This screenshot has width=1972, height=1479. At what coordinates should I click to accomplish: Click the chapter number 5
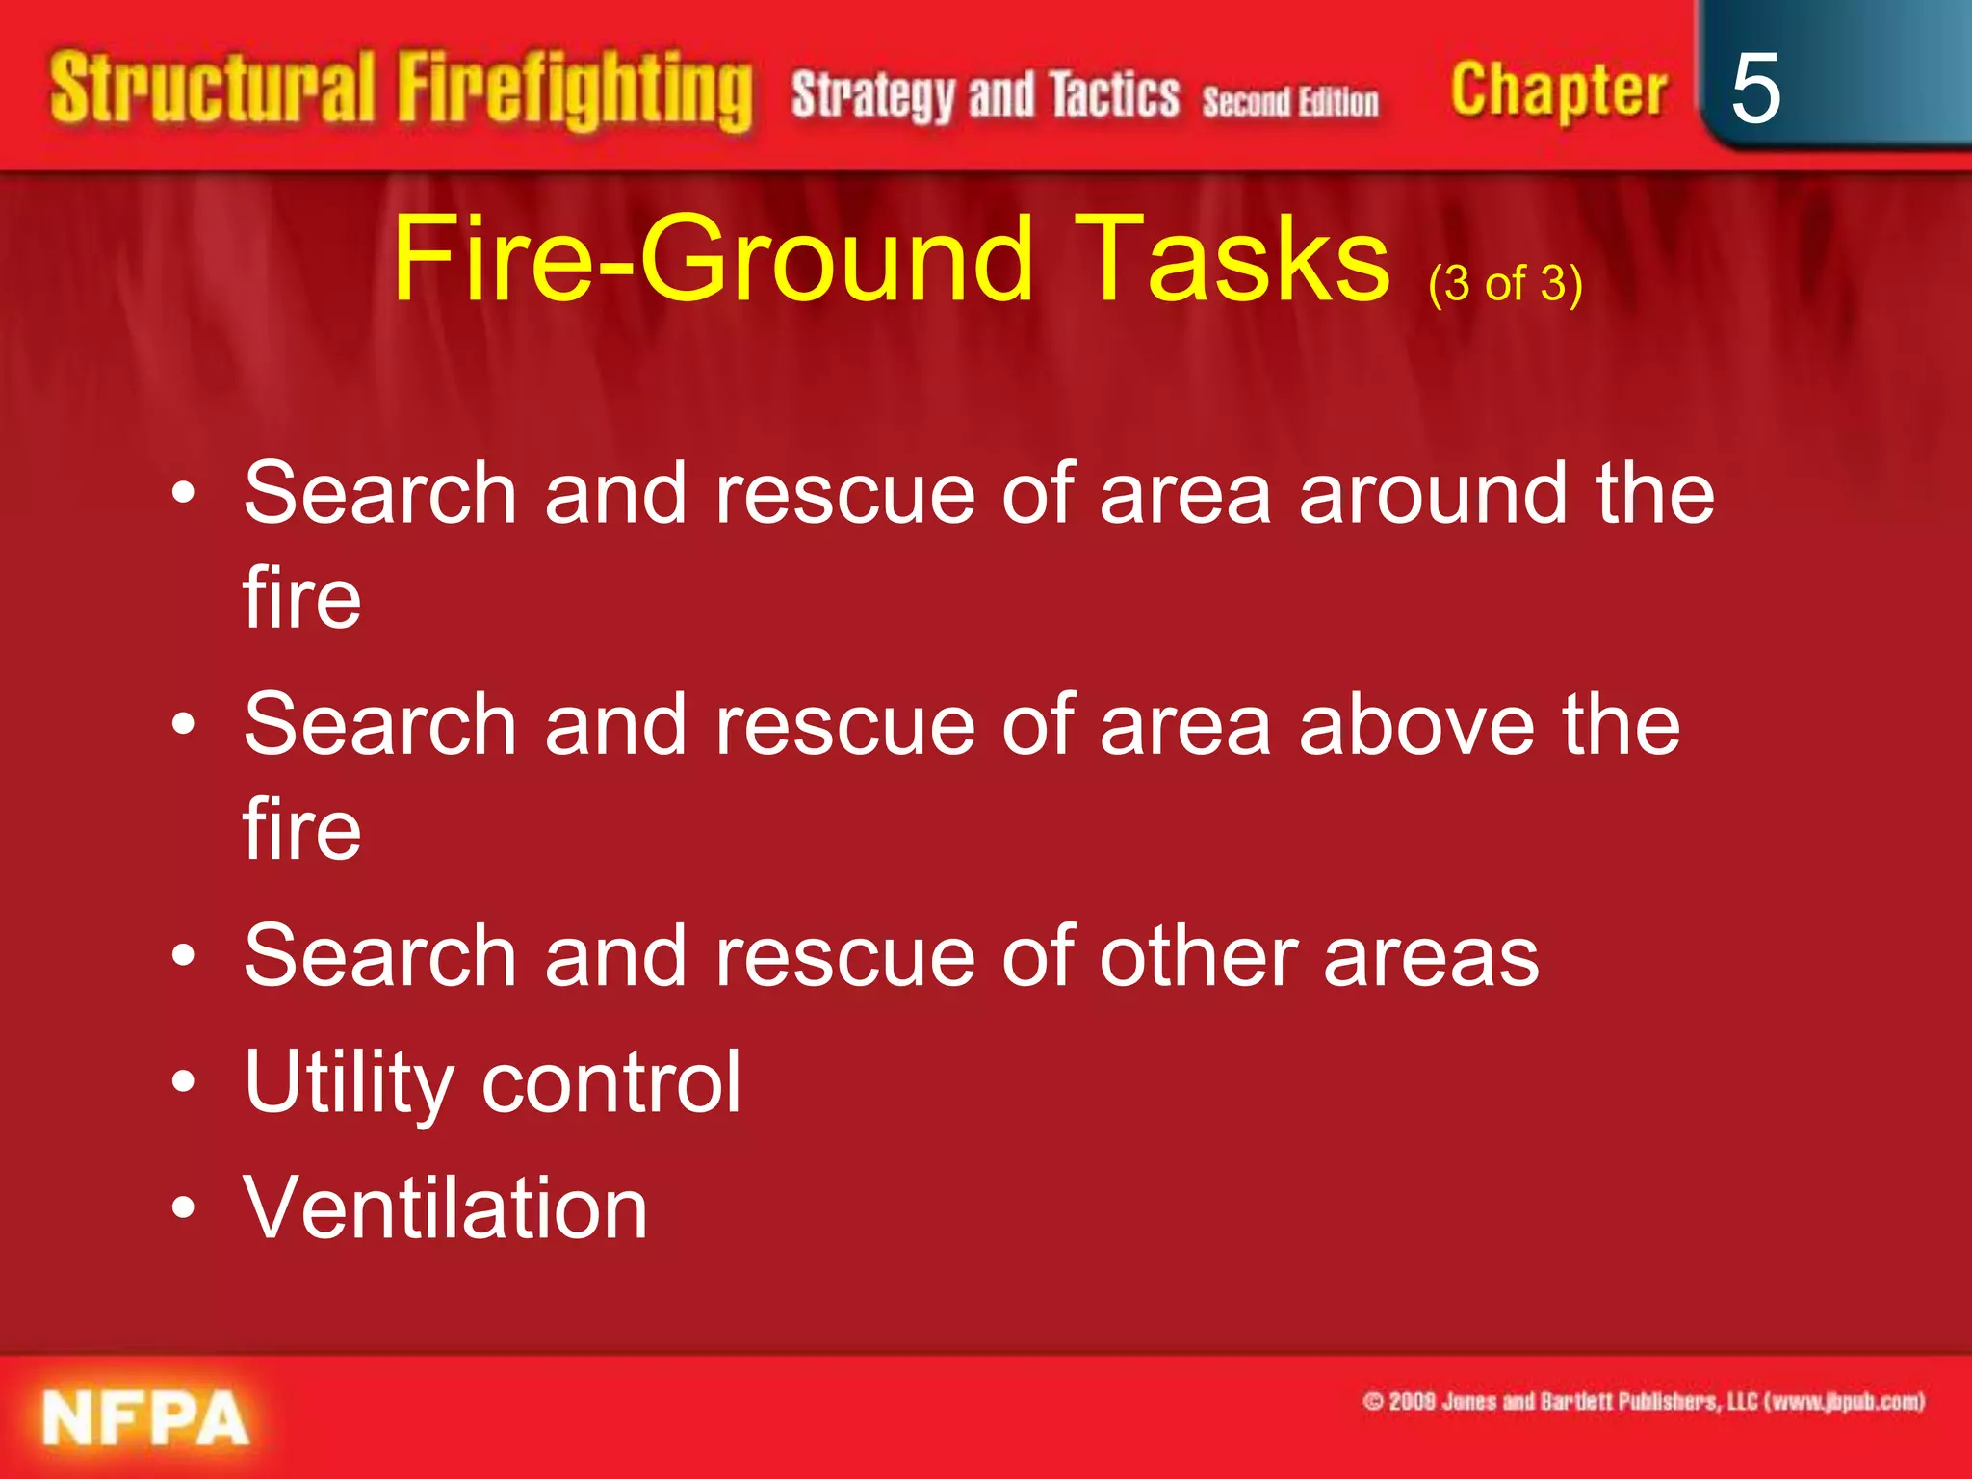[1754, 89]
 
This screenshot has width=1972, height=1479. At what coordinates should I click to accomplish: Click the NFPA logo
[145, 1418]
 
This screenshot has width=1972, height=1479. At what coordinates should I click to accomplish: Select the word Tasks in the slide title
[1232, 259]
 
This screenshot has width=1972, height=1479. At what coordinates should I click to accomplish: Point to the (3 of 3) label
[1505, 284]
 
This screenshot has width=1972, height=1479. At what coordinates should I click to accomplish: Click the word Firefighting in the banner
[575, 91]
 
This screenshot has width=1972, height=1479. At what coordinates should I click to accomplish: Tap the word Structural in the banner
[212, 89]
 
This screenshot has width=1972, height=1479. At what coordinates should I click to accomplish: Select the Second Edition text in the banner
[1289, 101]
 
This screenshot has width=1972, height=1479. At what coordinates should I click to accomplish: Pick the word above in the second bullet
[1416, 724]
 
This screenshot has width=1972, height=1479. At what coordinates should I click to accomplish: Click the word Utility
[349, 1082]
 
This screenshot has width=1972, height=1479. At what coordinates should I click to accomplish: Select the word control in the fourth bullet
[611, 1082]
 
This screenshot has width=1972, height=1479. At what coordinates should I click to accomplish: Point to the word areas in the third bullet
[1431, 956]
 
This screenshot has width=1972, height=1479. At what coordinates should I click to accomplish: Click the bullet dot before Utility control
[183, 1082]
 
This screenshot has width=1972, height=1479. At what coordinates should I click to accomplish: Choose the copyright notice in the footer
[1643, 1402]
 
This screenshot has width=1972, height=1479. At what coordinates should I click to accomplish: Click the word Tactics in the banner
[1114, 95]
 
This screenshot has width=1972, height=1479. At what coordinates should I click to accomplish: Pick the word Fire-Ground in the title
[713, 259]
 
